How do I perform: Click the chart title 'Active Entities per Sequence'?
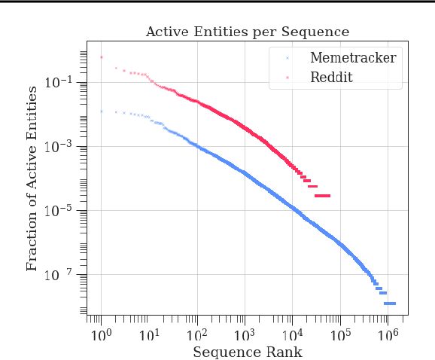[247, 32]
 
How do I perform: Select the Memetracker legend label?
[352, 58]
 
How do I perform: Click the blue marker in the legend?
[287, 58]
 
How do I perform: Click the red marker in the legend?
[287, 78]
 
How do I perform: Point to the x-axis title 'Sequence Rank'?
[248, 352]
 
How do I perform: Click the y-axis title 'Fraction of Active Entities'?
[32, 178]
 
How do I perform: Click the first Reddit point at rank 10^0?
[102, 57]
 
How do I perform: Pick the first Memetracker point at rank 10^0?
[102, 111]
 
